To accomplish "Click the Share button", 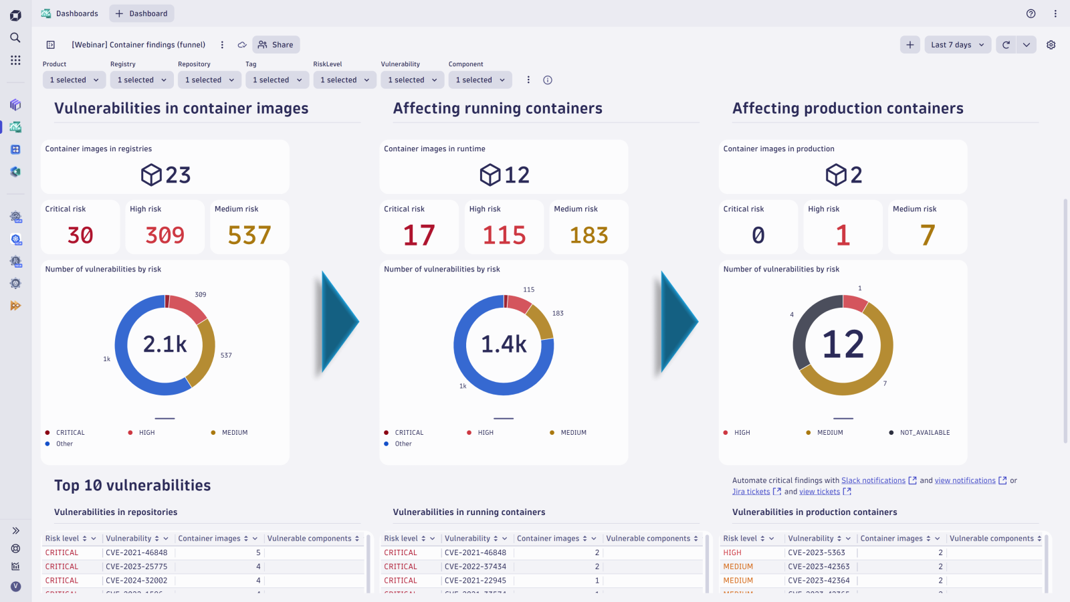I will point(276,45).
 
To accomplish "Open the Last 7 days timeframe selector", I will point(957,45).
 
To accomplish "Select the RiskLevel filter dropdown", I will point(344,80).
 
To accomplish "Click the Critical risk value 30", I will point(80,235).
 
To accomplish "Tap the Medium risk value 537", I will point(249,235).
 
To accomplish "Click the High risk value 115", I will point(504,235).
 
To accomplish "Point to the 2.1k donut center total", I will point(165,344).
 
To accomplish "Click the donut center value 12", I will point(843,344).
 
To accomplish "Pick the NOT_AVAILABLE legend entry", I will point(924,433).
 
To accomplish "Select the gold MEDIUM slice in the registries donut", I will point(205,355).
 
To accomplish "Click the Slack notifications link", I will point(873,480).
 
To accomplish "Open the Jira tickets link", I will point(751,492).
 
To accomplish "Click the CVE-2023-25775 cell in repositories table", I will point(136,567).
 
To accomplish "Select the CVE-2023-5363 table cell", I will point(816,553).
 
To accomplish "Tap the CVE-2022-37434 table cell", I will point(475,567).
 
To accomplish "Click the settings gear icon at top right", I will point(1051,45).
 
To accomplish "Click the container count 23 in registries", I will point(177,175).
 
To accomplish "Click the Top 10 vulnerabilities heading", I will point(132,486).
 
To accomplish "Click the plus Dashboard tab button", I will point(142,13).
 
